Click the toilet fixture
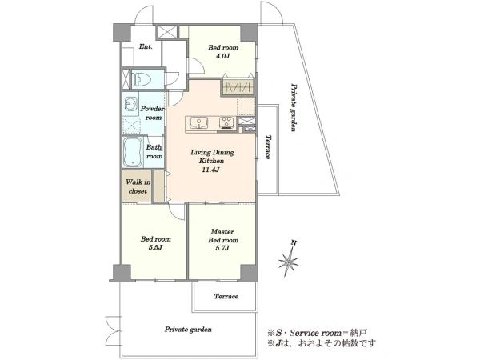coord(142,79)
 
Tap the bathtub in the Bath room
coord(133,152)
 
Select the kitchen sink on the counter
coord(198,122)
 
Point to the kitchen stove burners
coord(227,122)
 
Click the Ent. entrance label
coord(146,47)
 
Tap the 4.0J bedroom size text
coord(223,56)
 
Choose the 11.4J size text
coord(210,170)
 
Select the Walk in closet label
coord(138,186)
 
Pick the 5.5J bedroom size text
coord(155,248)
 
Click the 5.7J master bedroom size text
coord(223,248)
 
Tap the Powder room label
coord(152,113)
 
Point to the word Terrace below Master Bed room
coord(226,296)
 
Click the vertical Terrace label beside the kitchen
coord(268,147)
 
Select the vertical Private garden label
coord(294,107)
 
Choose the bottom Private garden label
coord(188,330)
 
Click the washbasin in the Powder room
coord(131,104)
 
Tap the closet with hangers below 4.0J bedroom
coord(238,87)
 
